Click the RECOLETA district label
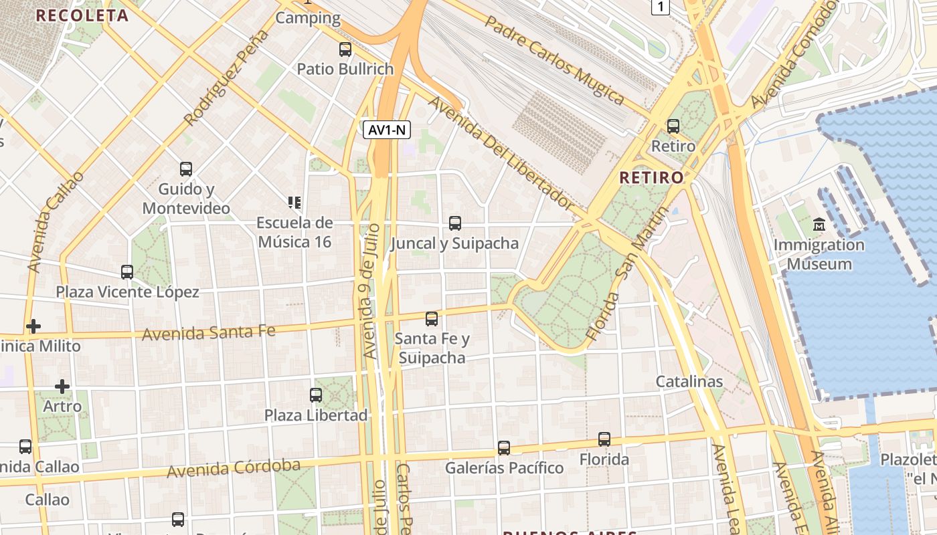[82, 15]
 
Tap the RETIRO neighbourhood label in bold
[651, 177]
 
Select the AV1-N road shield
[387, 130]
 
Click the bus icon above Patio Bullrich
[345, 49]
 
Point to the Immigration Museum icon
[819, 225]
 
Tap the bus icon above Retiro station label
[673, 126]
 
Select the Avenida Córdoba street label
[234, 468]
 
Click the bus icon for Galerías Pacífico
[504, 447]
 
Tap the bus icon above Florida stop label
[604, 439]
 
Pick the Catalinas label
[689, 382]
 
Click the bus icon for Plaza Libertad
[316, 395]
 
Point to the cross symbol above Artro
[62, 387]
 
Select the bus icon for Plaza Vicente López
[127, 272]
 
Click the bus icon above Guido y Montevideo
[186, 169]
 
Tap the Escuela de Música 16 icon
[294, 202]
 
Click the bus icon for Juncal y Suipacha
[455, 223]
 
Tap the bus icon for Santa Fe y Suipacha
[432, 319]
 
